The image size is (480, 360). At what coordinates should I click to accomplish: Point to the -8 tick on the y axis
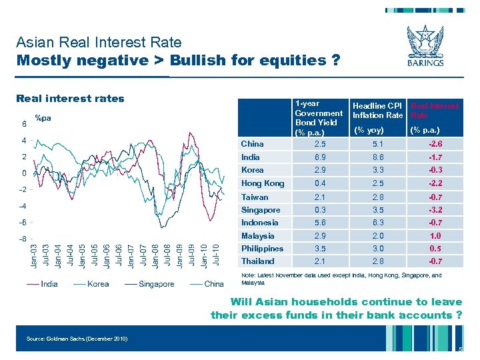tap(23, 239)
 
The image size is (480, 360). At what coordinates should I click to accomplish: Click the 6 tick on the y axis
tap(24, 124)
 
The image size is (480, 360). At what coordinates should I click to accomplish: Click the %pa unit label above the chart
tap(43, 119)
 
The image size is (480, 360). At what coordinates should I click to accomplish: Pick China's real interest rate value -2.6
tap(436, 144)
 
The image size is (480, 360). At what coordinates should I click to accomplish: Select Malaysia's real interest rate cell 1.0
tap(436, 236)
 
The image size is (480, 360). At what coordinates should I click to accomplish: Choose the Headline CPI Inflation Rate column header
tap(377, 111)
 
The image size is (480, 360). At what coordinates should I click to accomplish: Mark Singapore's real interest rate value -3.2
tap(436, 210)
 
